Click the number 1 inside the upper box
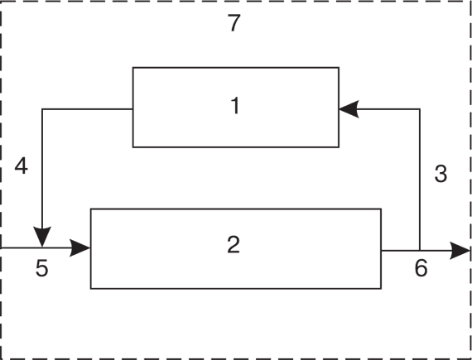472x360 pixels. point(235,106)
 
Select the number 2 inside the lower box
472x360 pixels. point(234,244)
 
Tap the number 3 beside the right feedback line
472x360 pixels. point(441,174)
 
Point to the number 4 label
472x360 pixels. point(21,166)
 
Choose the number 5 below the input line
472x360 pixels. point(42,268)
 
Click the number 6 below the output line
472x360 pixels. point(421,267)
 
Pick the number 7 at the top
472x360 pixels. point(234,23)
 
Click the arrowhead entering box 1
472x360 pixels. point(349,109)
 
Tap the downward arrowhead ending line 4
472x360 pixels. point(42,237)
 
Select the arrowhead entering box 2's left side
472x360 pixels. point(79,248)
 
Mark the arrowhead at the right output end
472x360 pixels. point(460,250)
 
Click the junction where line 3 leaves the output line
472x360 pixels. point(420,250)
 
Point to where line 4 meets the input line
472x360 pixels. point(42,247)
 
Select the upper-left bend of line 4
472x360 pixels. point(42,109)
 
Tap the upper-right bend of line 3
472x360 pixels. point(420,109)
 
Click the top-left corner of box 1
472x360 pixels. point(133,68)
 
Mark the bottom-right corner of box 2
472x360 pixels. point(381,289)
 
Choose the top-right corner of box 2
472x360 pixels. point(381,209)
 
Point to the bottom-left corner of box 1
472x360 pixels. point(133,147)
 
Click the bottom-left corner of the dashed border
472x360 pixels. point(1,359)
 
